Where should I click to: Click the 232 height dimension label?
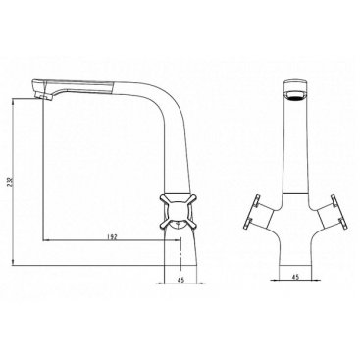click(x=9, y=182)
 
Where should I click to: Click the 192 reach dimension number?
click(x=112, y=236)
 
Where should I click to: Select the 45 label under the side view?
click(x=180, y=280)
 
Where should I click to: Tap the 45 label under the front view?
click(x=295, y=277)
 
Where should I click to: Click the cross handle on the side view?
click(x=178, y=210)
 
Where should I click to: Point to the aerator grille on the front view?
click(x=297, y=96)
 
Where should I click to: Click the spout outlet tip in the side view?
click(x=42, y=95)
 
